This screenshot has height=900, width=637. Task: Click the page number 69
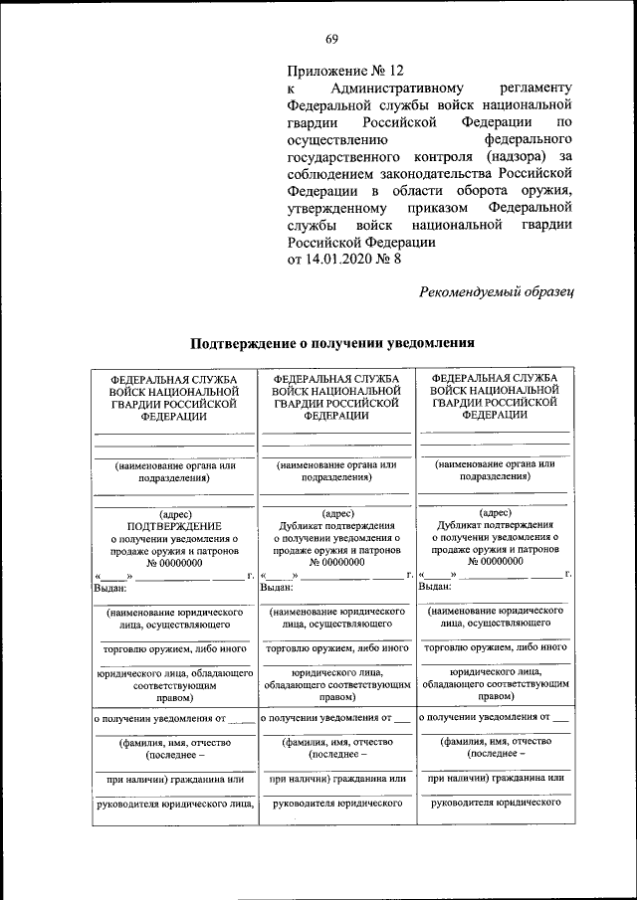click(331, 39)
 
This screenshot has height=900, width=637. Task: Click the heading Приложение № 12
click(345, 71)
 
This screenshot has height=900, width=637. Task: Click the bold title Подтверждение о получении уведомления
click(331, 344)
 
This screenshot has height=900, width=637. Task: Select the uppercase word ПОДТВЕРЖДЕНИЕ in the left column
click(174, 525)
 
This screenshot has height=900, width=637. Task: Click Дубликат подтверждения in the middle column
click(333, 525)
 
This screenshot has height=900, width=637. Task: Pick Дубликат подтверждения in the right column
click(494, 524)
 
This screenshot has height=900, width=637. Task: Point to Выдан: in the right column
click(436, 587)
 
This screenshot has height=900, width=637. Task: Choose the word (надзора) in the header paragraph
click(512, 157)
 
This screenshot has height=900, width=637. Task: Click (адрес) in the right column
click(495, 512)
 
